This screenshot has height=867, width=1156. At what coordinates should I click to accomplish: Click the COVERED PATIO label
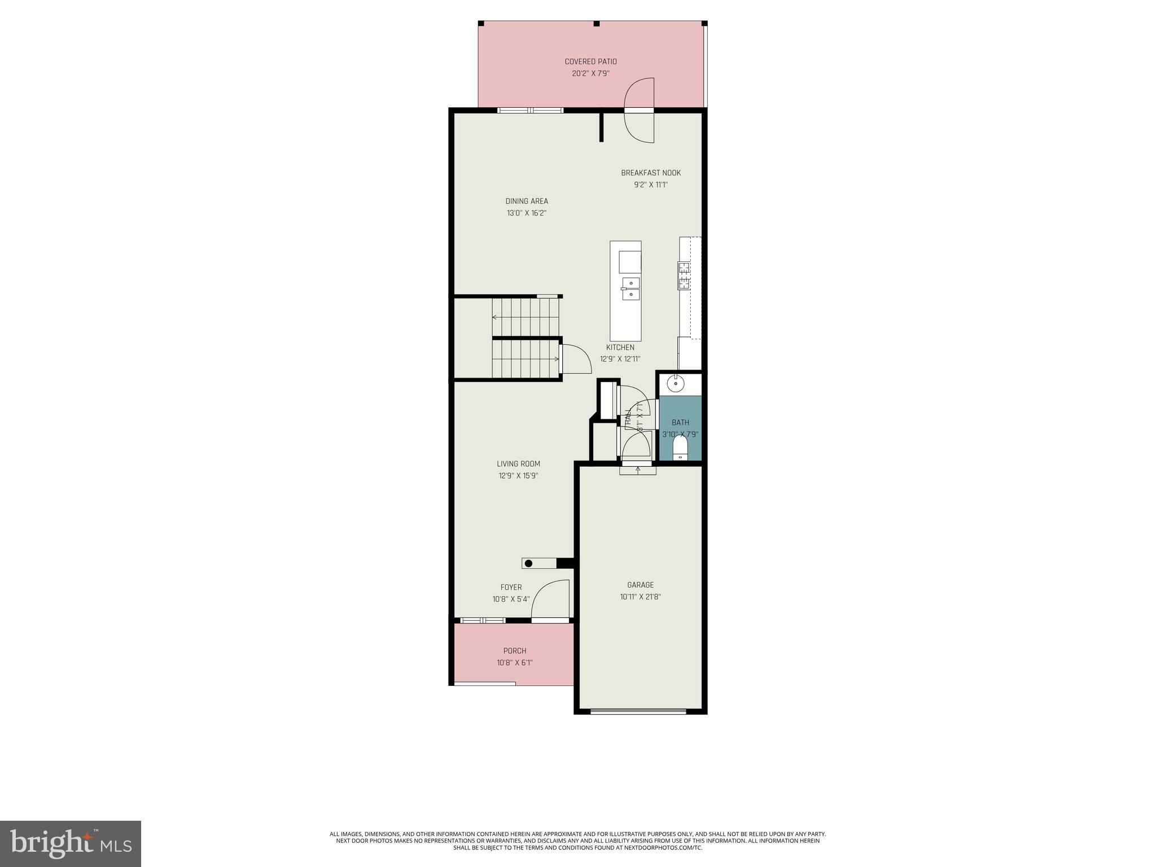coord(590,62)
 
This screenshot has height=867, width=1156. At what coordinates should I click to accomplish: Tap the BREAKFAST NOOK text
coord(651,173)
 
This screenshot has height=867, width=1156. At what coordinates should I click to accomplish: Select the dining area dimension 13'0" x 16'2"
coord(526,213)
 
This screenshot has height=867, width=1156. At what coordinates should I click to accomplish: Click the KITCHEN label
coord(620,347)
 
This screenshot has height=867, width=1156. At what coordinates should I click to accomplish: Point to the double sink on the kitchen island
coord(630,288)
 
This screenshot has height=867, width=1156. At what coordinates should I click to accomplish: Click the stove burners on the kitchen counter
coord(684,275)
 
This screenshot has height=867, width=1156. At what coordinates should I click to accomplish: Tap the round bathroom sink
coord(675,384)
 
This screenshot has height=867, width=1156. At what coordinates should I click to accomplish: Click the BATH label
coord(680,422)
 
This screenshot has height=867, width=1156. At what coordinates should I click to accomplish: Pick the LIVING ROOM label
coord(518,464)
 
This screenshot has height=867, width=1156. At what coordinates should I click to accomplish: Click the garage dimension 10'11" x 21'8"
coord(640,597)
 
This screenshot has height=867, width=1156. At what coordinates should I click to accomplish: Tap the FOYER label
coord(511,587)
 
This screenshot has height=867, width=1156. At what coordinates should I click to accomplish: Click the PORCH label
coord(514,651)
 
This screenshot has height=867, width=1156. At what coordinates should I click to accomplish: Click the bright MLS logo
coord(71,843)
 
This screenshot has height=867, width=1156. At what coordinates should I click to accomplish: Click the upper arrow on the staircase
coord(495,317)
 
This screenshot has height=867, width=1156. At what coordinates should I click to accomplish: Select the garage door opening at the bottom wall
coord(638,711)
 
